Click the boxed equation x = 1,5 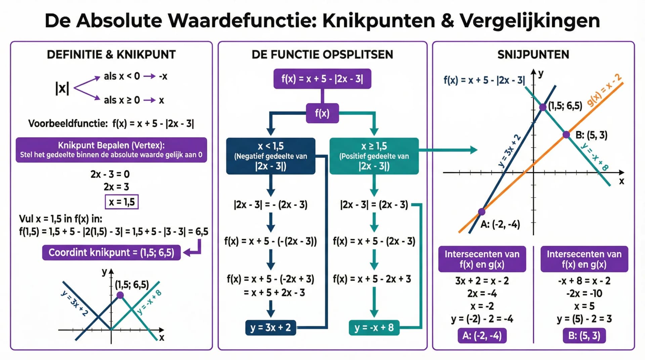(122, 202)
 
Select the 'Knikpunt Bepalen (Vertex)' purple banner (111, 150)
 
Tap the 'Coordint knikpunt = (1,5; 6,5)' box (111, 253)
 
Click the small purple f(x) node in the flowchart (322, 113)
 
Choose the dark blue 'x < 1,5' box (270, 156)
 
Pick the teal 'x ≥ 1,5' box (374, 156)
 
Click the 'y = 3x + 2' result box (270, 327)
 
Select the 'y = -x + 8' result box (374, 327)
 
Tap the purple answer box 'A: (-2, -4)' (482, 335)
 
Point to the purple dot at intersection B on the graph (566, 135)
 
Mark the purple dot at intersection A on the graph (482, 212)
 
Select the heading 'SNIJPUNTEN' (533, 54)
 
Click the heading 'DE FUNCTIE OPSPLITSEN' (322, 54)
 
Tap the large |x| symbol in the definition (62, 88)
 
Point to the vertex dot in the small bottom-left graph (120, 295)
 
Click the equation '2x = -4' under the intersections (482, 294)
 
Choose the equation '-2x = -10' (584, 294)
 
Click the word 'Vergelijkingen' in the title (529, 21)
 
